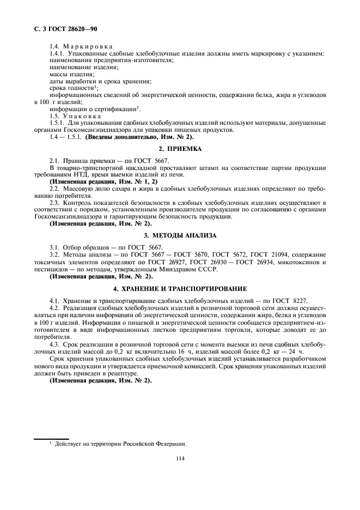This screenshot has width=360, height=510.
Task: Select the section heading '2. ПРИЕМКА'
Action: [180, 149]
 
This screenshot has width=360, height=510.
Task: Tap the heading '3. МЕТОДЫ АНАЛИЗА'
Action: [180, 235]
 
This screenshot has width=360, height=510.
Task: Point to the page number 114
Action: [180, 458]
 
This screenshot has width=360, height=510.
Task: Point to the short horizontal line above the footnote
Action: [51, 438]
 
